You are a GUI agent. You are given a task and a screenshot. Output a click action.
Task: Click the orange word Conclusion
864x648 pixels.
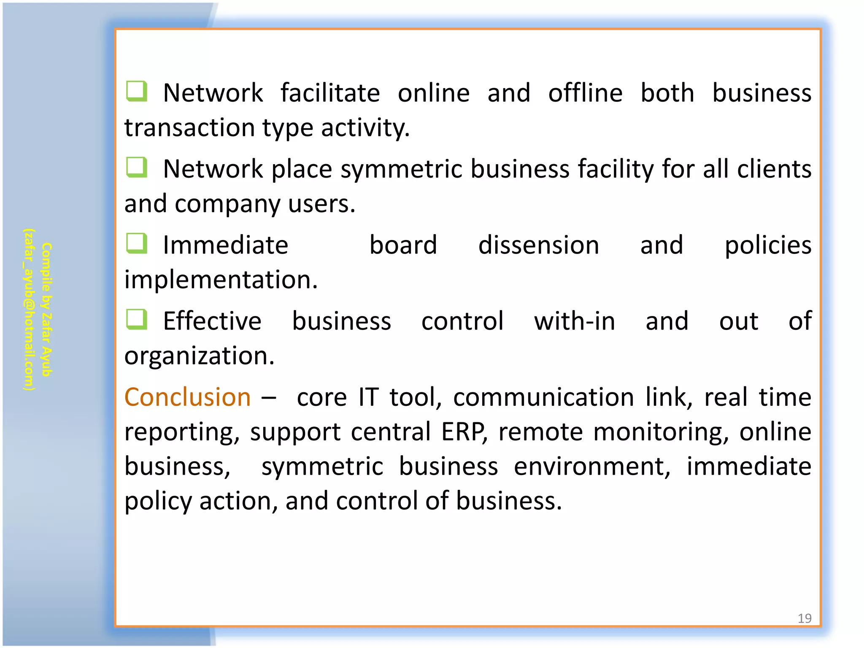[x=187, y=397]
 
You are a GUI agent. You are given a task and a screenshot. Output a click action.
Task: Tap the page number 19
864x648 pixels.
[x=804, y=618]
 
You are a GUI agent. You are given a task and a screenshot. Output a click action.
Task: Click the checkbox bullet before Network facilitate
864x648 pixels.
[x=136, y=91]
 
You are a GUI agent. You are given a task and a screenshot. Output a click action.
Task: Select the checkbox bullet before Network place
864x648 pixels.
[x=136, y=167]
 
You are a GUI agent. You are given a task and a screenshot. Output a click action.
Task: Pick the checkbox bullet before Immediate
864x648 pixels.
[x=136, y=243]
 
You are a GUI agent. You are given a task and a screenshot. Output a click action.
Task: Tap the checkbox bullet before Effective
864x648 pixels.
[x=136, y=319]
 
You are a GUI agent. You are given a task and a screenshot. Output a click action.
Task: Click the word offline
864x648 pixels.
[x=585, y=93]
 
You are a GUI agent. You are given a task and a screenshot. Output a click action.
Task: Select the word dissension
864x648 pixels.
[x=538, y=245]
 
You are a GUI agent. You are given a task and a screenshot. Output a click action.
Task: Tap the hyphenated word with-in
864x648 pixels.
[x=574, y=321]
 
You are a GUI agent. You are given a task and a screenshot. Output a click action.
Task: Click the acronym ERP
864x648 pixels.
[x=463, y=432]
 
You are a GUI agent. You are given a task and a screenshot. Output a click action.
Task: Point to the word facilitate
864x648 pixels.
[x=330, y=93]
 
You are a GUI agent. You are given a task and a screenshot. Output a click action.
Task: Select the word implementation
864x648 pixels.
[x=221, y=280]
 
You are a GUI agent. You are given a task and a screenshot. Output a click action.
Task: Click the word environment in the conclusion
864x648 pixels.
[x=591, y=467]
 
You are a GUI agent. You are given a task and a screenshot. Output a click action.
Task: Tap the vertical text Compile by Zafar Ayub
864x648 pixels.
[x=46, y=309]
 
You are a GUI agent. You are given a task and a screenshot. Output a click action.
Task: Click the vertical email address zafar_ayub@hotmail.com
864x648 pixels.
[x=29, y=309]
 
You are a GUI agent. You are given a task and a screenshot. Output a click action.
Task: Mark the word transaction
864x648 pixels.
[x=189, y=127]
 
